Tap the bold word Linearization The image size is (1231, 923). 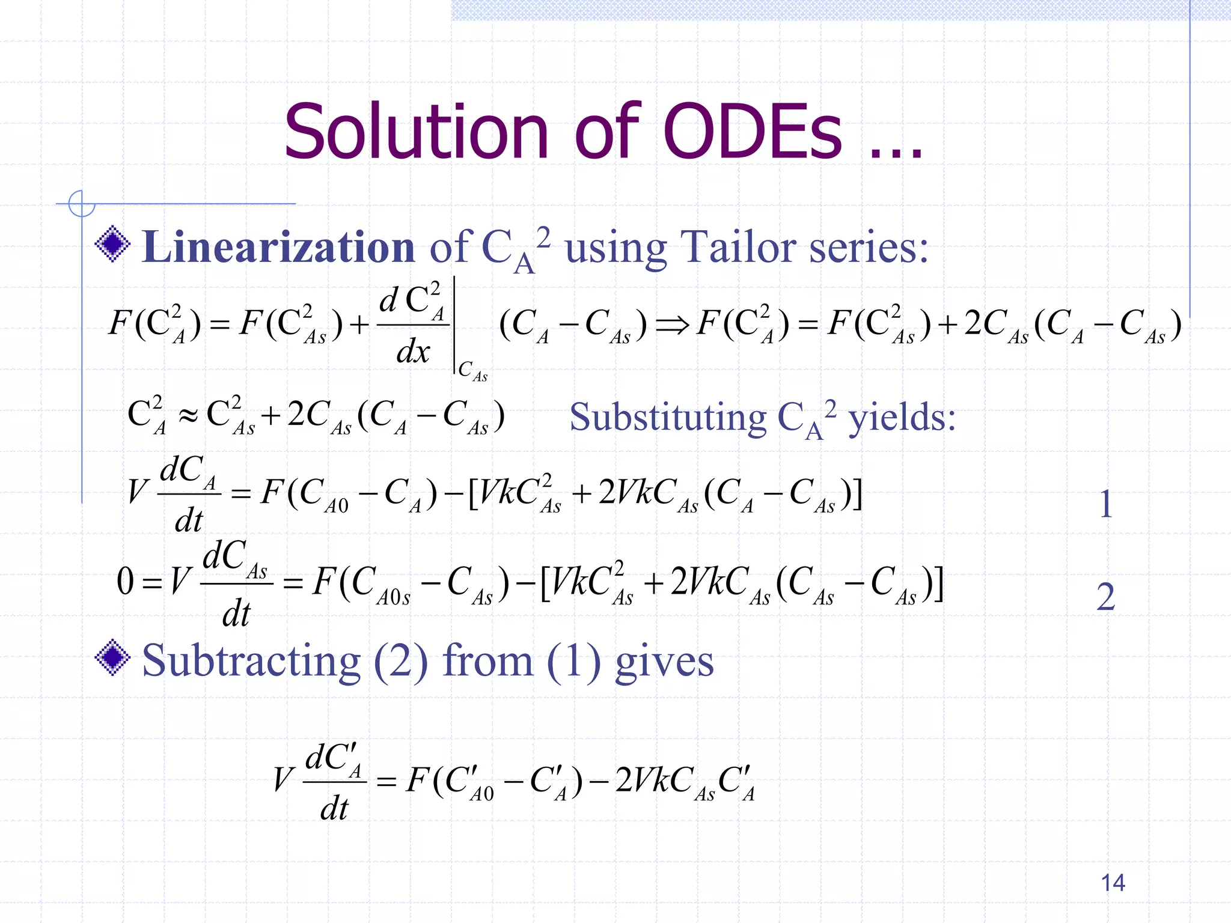coord(278,247)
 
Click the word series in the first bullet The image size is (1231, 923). coord(868,247)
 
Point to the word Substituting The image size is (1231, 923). coord(668,417)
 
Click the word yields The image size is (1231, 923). coord(902,417)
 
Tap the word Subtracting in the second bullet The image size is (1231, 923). coord(251,661)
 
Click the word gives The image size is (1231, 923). coord(664,661)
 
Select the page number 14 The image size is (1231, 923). coord(1113,883)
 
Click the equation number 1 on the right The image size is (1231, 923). coord(1105,504)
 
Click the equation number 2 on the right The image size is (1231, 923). coord(1105,597)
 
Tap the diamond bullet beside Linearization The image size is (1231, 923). coord(112,244)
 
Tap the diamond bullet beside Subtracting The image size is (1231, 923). coord(112,658)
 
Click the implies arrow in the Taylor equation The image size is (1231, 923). coord(672,325)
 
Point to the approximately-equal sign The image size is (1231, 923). coord(188,416)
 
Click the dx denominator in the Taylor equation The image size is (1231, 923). coord(413,351)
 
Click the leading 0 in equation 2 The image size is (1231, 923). coord(125,582)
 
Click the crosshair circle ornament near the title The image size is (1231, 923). coord(82,203)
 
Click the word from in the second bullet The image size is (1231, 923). coord(487,661)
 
